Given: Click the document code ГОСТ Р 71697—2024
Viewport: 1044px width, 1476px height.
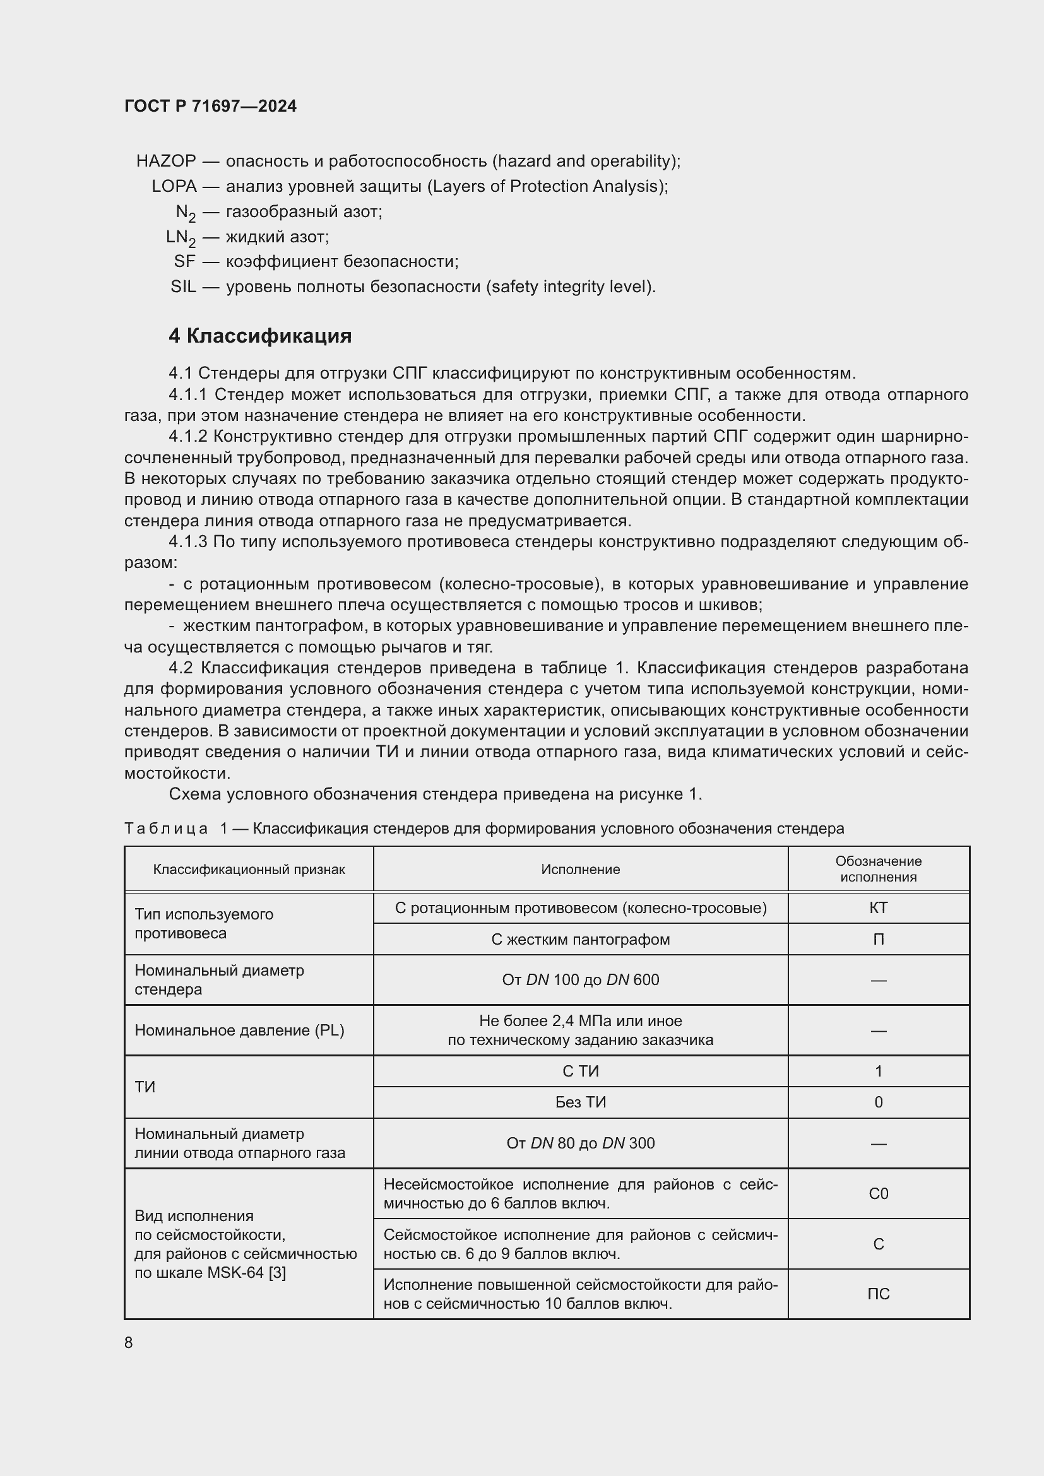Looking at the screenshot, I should pos(210,106).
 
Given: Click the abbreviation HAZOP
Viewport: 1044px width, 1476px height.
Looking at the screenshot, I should pos(166,161).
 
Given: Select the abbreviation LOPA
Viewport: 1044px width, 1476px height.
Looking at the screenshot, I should pos(174,186).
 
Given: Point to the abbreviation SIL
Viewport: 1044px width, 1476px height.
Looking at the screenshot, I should pos(183,286).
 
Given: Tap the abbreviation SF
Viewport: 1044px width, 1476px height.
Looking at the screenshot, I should pos(184,262).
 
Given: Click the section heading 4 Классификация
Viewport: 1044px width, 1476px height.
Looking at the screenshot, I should pos(260,336).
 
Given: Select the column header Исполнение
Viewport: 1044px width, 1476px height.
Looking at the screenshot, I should pos(580,869).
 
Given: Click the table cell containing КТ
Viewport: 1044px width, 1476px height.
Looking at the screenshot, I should pos(878,907).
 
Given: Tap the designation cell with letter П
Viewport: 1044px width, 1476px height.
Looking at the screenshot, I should pos(878,939).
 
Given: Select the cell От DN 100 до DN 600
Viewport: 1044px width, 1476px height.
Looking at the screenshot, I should pos(580,980).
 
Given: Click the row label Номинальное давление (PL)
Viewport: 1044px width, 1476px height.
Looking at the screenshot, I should pos(239,1030).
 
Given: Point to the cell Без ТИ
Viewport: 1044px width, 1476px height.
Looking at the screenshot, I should pos(580,1102).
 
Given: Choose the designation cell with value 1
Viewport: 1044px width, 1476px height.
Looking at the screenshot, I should pos(878,1071).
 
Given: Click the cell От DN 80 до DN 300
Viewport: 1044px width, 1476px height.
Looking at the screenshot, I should pos(580,1143).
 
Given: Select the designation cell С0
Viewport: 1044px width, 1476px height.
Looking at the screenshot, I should pos(878,1194).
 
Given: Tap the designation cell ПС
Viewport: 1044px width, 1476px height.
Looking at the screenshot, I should pos(878,1294).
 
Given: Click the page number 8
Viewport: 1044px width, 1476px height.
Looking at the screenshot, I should pos(129,1343).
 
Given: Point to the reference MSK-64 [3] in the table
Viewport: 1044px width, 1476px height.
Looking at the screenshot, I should pos(246,1273).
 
